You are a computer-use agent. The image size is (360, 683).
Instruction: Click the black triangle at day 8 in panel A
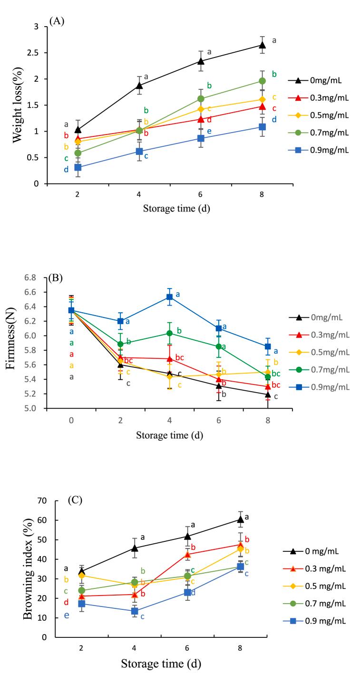(262, 45)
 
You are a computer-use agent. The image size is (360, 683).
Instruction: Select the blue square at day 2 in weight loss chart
(78, 167)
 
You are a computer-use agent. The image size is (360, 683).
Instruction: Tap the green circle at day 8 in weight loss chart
(262, 81)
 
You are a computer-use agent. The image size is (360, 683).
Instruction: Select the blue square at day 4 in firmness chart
(169, 297)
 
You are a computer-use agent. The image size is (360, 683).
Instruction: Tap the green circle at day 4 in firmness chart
(169, 333)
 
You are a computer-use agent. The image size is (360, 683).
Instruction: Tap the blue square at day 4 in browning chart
(135, 611)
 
